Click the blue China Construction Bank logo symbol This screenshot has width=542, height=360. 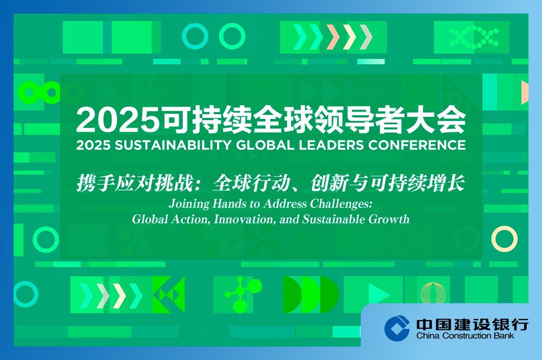[x=397, y=327]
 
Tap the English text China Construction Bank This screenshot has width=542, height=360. [x=465, y=335]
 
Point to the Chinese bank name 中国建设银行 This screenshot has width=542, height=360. [x=472, y=324]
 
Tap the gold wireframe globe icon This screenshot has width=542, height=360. [x=433, y=293]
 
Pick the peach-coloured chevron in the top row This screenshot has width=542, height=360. [x=333, y=37]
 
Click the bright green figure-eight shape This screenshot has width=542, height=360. [x=26, y=93]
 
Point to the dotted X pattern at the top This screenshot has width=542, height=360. [x=474, y=37]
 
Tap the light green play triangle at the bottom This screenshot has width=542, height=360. [x=379, y=294]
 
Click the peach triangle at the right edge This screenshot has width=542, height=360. [x=525, y=92]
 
